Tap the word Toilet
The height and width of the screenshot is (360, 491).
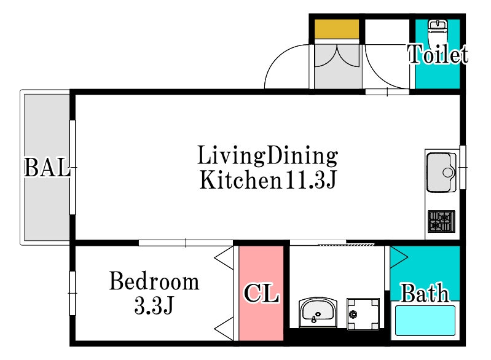[x=438, y=55]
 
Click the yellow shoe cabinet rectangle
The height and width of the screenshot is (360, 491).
[x=337, y=29]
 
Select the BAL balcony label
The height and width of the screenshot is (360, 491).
[x=47, y=168]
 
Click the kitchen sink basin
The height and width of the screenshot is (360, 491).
[x=441, y=172]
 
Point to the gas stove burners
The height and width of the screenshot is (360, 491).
[x=441, y=222]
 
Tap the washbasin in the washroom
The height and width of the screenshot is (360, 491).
[x=318, y=312]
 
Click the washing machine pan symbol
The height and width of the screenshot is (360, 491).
[x=363, y=314]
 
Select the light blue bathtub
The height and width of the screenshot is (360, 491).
[x=425, y=321]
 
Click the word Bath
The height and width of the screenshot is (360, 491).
[x=425, y=293]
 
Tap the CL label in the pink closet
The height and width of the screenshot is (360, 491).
[x=261, y=293]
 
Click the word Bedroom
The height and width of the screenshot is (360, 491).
[x=154, y=281]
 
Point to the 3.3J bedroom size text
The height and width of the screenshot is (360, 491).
[x=154, y=305]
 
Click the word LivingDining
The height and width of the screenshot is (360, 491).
[x=268, y=155]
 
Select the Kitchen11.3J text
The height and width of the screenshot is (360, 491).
[x=268, y=179]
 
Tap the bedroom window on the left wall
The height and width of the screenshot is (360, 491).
[x=73, y=293]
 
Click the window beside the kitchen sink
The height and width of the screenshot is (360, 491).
[x=463, y=167]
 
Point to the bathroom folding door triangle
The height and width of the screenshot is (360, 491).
[x=399, y=257]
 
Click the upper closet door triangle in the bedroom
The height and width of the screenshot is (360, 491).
[x=224, y=258]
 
